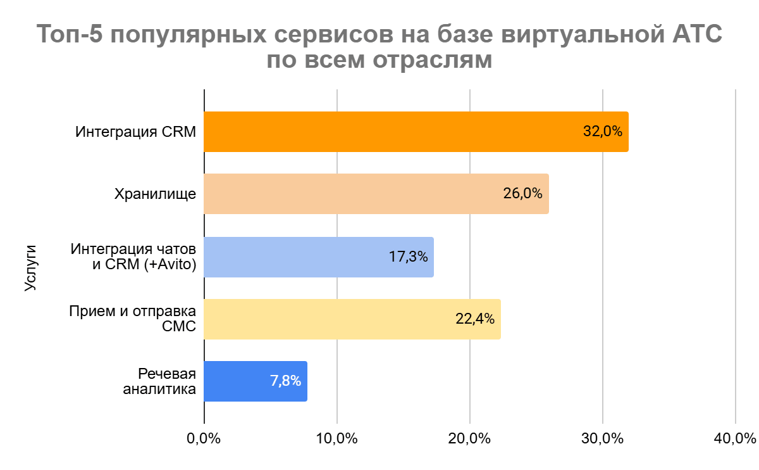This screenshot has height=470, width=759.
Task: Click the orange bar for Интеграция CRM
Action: (392, 132)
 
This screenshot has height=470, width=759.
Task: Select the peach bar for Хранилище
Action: (354, 194)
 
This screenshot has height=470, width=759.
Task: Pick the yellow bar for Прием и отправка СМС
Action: (329, 319)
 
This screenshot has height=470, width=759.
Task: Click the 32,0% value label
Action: (603, 132)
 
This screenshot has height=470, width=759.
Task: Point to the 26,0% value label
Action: (523, 194)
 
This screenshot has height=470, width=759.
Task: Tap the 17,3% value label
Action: (408, 257)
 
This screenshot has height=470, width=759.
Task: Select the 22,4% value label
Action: (475, 319)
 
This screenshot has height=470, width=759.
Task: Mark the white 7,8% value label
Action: (285, 381)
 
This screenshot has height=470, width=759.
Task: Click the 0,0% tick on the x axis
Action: (204, 438)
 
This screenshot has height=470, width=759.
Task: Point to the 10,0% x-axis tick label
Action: (337, 438)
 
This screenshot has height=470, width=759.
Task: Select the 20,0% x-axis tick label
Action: (470, 438)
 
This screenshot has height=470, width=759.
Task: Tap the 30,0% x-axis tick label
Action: (603, 438)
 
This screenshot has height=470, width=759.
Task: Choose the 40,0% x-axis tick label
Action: (736, 438)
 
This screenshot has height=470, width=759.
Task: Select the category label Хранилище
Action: (155, 194)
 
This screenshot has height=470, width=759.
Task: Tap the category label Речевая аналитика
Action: (159, 381)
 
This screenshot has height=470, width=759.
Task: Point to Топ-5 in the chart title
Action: (70, 35)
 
